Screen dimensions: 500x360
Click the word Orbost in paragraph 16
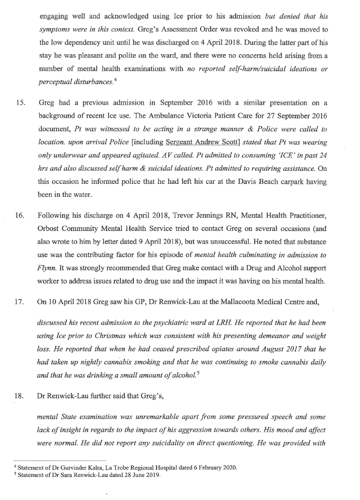50,229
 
